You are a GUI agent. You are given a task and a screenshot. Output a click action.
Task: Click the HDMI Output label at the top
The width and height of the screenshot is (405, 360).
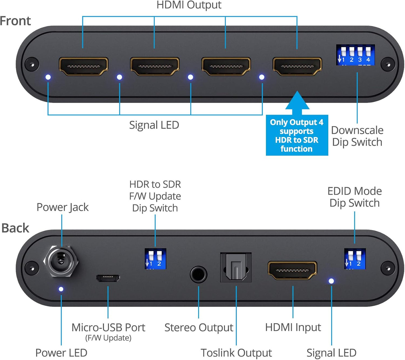pyautogui.click(x=189, y=5)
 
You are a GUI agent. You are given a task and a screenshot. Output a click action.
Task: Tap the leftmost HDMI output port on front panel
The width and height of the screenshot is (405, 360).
pyautogui.click(x=84, y=67)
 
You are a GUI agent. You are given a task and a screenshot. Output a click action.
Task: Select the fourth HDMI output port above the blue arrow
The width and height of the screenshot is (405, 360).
pyautogui.click(x=297, y=67)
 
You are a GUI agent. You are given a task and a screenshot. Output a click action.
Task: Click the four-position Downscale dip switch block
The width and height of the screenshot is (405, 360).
pyautogui.click(x=355, y=55)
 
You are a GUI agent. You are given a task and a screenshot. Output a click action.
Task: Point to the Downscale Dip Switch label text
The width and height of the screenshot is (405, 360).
pyautogui.click(x=357, y=136)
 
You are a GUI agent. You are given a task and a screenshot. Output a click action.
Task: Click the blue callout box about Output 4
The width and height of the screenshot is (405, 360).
pyautogui.click(x=297, y=135)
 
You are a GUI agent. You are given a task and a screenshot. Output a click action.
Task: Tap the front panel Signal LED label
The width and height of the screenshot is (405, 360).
pyautogui.click(x=154, y=125)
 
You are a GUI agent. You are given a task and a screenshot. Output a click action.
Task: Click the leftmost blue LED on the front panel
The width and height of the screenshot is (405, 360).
pyautogui.click(x=48, y=77)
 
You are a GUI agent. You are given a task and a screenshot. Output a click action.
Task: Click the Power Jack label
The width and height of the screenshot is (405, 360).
pyautogui.click(x=63, y=207)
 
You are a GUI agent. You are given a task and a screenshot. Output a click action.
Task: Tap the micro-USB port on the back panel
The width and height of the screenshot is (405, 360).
pyautogui.click(x=108, y=278)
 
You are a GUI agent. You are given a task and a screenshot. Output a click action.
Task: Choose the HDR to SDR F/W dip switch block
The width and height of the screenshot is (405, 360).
pyautogui.click(x=155, y=259)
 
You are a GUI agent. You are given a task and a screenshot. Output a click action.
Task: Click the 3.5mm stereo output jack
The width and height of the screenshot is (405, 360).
pyautogui.click(x=198, y=274)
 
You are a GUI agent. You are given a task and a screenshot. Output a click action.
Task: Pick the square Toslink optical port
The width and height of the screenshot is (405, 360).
pyautogui.click(x=236, y=267)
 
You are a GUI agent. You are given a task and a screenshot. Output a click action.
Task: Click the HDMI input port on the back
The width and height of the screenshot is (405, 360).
pyautogui.click(x=292, y=271)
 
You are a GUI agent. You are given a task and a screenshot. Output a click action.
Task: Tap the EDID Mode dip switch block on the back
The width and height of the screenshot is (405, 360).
pyautogui.click(x=355, y=259)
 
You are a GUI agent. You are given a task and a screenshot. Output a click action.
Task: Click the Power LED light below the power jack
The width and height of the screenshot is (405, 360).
pyautogui.click(x=61, y=289)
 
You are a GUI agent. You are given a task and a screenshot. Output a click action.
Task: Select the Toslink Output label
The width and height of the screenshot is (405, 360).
pyautogui.click(x=236, y=353)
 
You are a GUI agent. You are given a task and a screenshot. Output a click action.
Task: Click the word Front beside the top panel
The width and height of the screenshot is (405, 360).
pyautogui.click(x=15, y=21)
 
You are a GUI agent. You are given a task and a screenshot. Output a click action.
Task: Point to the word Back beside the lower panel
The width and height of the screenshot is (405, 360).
pyautogui.click(x=15, y=228)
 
